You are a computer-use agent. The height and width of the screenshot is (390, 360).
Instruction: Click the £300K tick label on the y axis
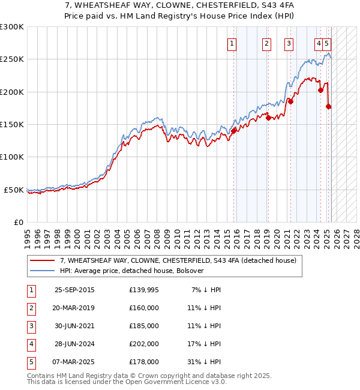pyautogui.click(x=12, y=27)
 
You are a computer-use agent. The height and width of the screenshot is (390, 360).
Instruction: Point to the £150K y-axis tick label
pyautogui.click(x=12, y=124)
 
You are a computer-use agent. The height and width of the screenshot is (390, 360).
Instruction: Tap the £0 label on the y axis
pyautogui.click(x=18, y=222)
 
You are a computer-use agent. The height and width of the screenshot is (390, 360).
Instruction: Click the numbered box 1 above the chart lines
pyautogui.click(x=232, y=43)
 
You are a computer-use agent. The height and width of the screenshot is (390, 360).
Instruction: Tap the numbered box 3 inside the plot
pyautogui.click(x=289, y=43)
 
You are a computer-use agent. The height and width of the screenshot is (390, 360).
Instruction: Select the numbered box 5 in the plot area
pyautogui.click(x=326, y=43)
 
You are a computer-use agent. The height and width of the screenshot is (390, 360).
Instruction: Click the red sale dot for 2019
pyautogui.click(x=268, y=118)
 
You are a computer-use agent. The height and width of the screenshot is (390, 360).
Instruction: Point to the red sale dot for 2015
pyautogui.click(x=233, y=131)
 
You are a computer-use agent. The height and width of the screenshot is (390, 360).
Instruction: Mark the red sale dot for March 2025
pyautogui.click(x=328, y=106)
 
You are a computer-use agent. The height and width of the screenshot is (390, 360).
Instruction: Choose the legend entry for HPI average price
pyautogui.click(x=132, y=271)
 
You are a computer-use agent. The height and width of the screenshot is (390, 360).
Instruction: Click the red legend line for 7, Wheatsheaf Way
pyautogui.click(x=42, y=261)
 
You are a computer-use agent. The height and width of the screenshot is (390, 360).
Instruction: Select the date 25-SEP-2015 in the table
pyautogui.click(x=74, y=290)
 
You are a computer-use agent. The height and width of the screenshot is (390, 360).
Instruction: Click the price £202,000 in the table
pyautogui.click(x=144, y=344)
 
